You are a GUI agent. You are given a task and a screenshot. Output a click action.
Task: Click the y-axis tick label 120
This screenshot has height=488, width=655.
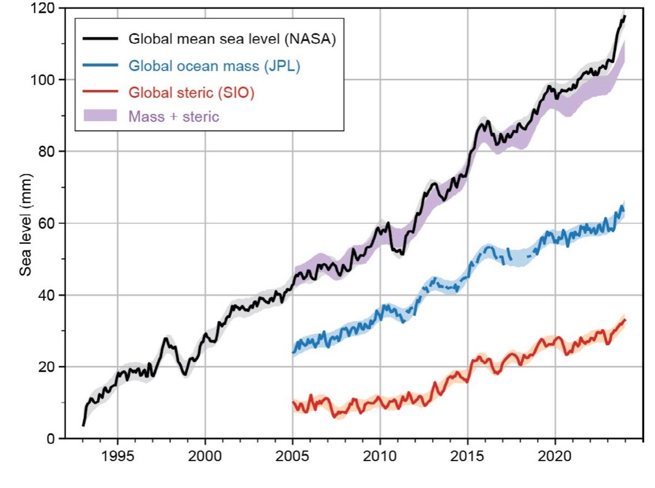42,9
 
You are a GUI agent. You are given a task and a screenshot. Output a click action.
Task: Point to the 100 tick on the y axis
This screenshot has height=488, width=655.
42,80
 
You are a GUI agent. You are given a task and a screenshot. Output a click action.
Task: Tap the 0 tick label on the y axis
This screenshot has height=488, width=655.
50,439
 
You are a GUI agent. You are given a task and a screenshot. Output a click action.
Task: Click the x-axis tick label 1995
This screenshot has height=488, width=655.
117,454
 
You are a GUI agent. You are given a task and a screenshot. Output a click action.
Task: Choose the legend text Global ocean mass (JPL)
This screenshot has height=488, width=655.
214,66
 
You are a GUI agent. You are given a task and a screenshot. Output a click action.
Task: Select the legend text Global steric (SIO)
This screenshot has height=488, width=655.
192,92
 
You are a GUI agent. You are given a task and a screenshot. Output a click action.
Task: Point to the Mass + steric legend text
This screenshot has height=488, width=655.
174,116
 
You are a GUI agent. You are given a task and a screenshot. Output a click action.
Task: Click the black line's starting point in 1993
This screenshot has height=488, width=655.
83,426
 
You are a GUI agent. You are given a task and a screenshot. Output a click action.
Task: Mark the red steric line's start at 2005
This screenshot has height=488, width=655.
293,402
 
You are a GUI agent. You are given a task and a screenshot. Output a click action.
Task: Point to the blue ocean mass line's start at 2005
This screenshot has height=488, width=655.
293,353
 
